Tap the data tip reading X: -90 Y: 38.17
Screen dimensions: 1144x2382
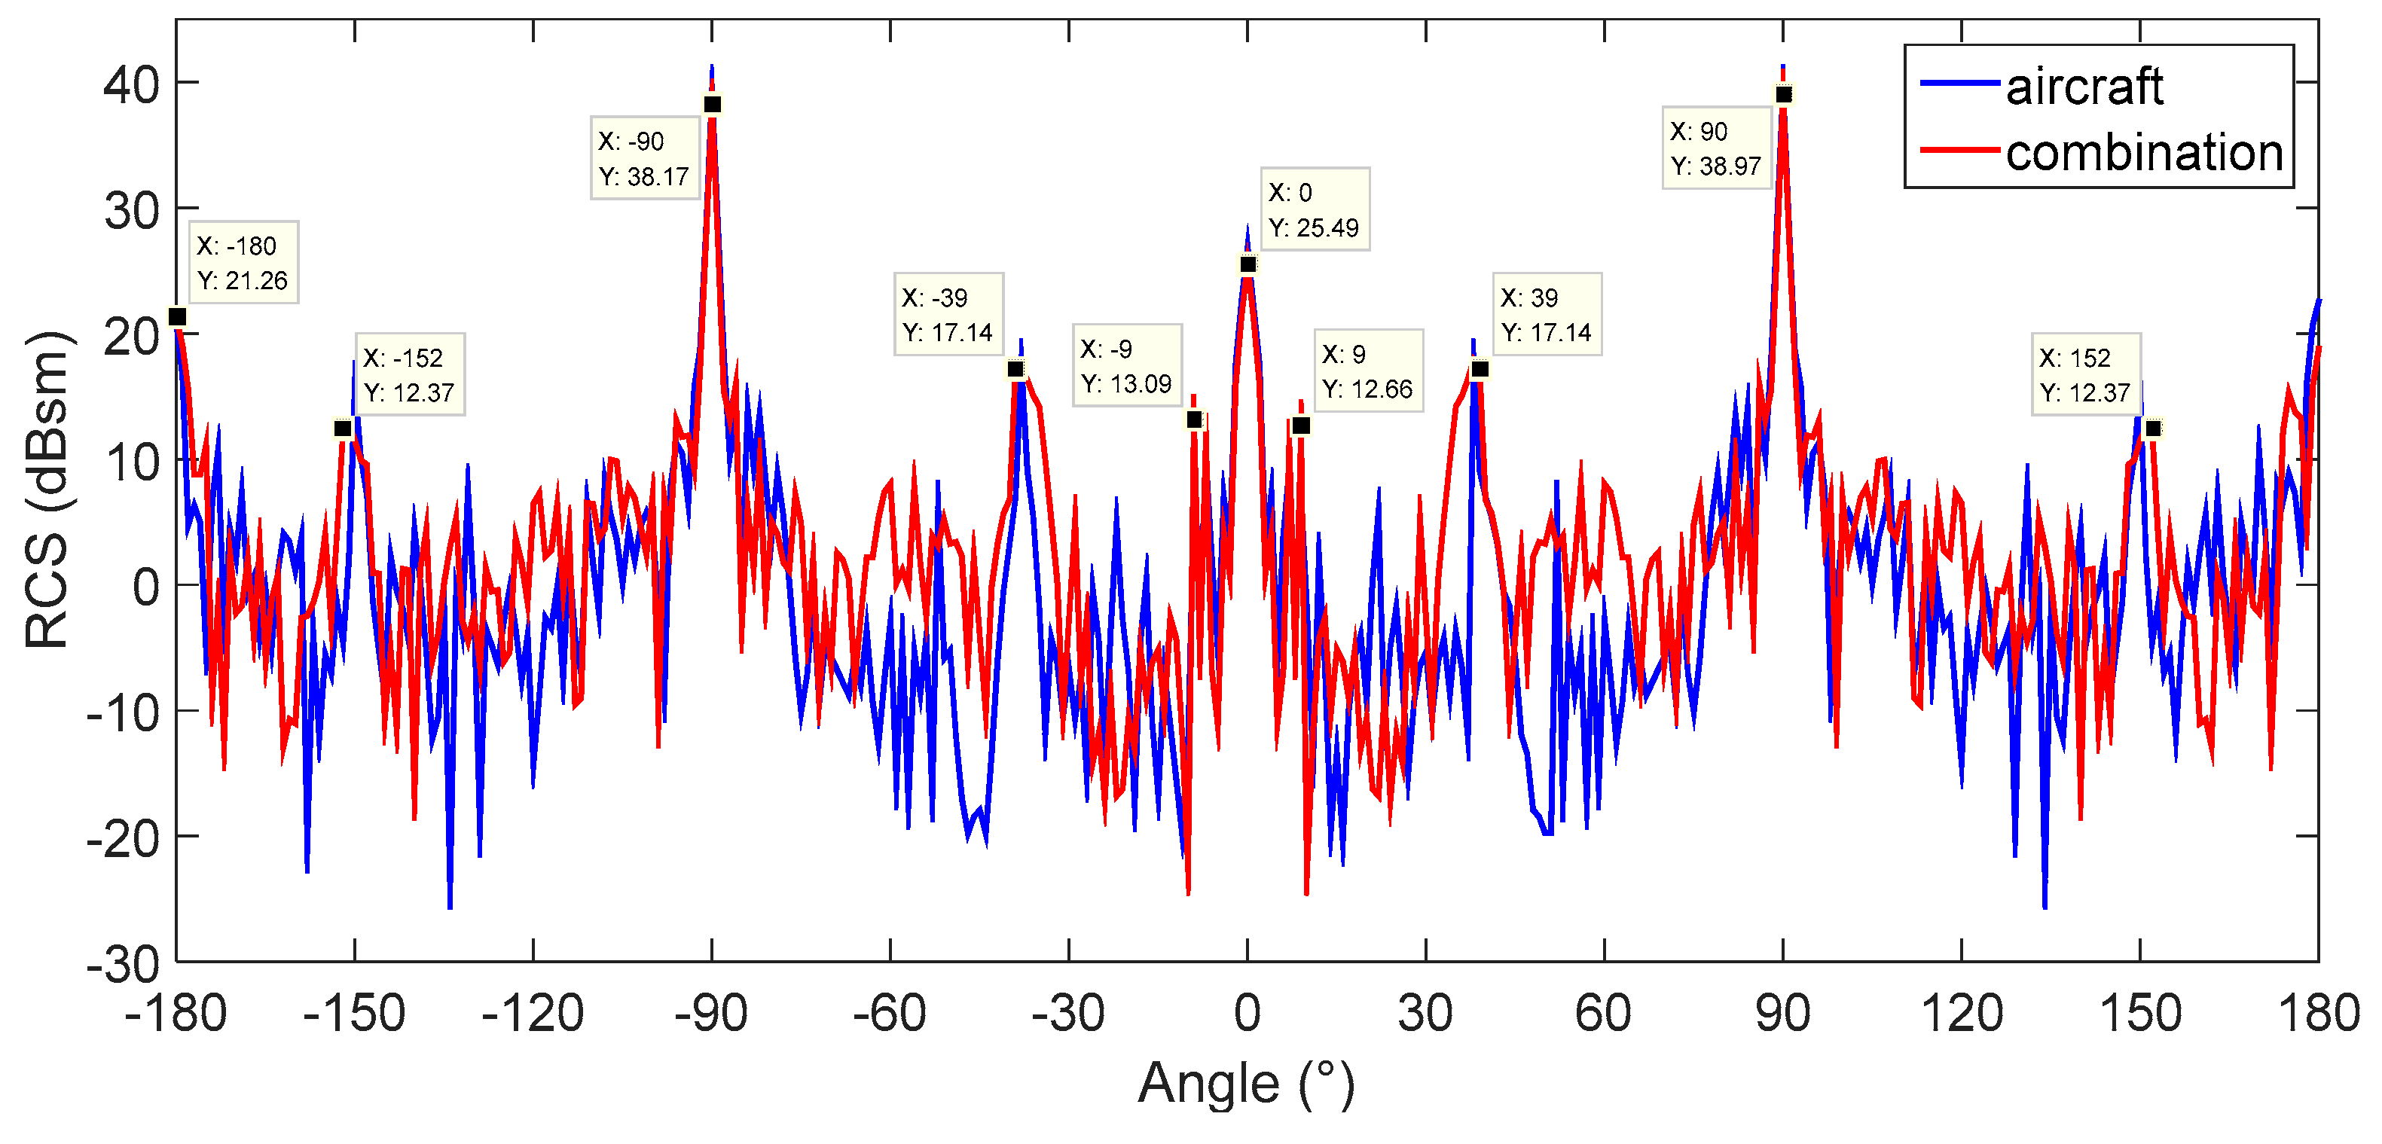645,158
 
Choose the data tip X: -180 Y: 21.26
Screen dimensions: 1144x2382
243,263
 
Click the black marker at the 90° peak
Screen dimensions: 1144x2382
1784,94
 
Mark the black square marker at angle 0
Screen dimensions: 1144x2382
1247,264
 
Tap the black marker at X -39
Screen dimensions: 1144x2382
1015,369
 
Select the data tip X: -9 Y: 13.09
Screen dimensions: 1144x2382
1126,365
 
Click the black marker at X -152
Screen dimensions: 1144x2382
342,429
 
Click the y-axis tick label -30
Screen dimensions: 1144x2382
123,966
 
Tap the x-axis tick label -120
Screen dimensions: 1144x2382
533,1014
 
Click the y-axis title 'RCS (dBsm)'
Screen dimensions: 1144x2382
47,490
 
